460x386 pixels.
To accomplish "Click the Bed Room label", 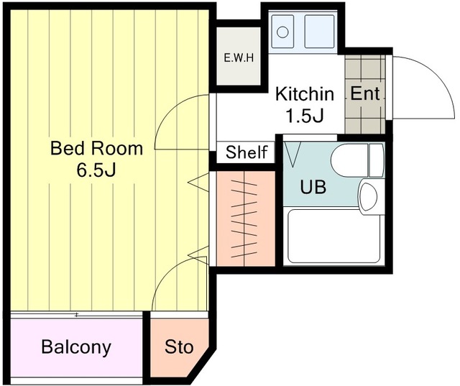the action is coord(97,148).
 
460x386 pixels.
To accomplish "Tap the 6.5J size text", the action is coord(96,170).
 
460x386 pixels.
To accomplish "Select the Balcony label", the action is coord(76,347).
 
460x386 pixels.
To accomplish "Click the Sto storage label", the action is coord(179,347).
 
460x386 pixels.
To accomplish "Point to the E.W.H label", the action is coord(239,58).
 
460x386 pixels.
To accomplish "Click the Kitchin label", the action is coord(305,94).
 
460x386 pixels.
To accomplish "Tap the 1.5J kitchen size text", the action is coord(305,116).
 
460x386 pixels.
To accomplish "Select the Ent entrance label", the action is coord(365,93).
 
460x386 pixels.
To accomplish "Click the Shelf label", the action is coord(247,152).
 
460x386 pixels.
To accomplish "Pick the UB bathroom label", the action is coord(313,187).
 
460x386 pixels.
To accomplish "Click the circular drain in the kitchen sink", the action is coord(282,32).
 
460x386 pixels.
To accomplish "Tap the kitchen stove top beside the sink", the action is coord(319,32).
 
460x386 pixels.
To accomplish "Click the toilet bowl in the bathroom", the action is coord(350,160).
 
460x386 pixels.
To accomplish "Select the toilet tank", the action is coord(377,160).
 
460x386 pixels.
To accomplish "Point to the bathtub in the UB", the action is coord(333,236).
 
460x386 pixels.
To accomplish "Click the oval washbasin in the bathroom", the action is coord(369,196).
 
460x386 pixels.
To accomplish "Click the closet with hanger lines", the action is coord(246,219).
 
